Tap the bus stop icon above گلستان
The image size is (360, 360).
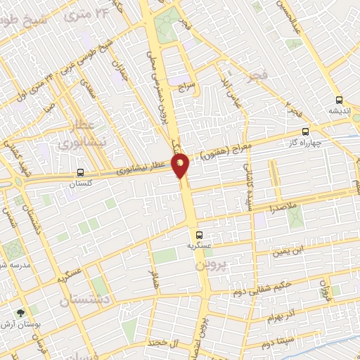pyautogui.click(x=79, y=172)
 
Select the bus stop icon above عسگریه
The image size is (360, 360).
pyautogui.click(x=199, y=235)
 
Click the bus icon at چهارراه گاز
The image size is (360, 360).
pyautogui.click(x=305, y=131)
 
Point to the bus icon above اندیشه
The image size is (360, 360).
pyautogui.click(x=340, y=100)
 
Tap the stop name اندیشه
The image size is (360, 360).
pyautogui.click(x=340, y=111)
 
